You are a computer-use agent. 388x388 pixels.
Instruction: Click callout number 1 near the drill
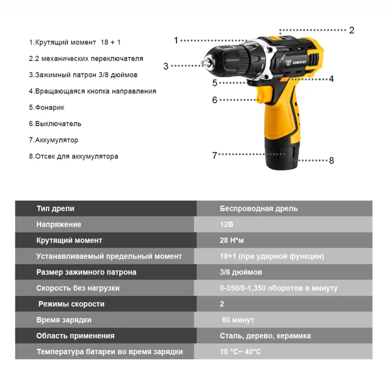pos(176,40)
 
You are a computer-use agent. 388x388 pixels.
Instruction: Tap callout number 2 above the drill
pos(352,30)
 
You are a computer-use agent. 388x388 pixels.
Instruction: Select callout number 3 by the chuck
pos(166,66)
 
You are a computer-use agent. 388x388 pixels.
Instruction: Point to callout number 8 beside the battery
pos(331,161)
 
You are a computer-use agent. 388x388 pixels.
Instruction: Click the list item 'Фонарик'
pos(47,107)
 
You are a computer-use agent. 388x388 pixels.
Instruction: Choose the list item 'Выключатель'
pos(55,124)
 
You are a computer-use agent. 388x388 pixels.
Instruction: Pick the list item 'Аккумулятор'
pos(54,140)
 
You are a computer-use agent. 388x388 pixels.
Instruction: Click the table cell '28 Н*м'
pos(232,240)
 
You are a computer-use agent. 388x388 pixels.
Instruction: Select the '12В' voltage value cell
pos(227,224)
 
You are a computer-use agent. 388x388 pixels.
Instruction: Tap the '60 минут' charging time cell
pos(238,320)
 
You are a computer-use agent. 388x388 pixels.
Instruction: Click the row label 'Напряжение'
pos(59,224)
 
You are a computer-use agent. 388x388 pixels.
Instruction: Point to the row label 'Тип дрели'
pos(55,208)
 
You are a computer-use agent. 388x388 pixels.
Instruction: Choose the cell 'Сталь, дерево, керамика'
pos(265,336)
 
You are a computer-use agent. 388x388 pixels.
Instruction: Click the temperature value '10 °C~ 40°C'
pos(240,352)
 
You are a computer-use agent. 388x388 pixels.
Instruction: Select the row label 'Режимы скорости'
pos(71,304)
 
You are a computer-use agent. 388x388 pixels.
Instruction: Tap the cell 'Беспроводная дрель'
pos(259,208)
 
